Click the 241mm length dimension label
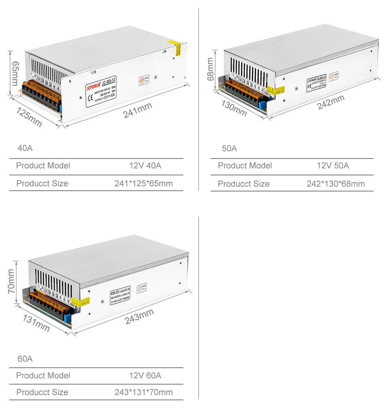click(x=138, y=110)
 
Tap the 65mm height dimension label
click(x=14, y=73)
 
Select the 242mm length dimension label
click(x=331, y=102)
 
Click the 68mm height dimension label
click(x=210, y=69)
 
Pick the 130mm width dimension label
click(x=234, y=108)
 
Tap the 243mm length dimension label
click(x=139, y=316)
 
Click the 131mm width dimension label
click(x=36, y=323)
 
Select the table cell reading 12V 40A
click(x=145, y=165)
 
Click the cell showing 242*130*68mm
click(x=336, y=184)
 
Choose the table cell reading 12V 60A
click(x=145, y=375)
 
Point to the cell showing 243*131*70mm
click(x=144, y=392)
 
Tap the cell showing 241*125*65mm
click(x=144, y=183)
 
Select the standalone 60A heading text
click(x=25, y=358)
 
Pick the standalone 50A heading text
click(x=229, y=148)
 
